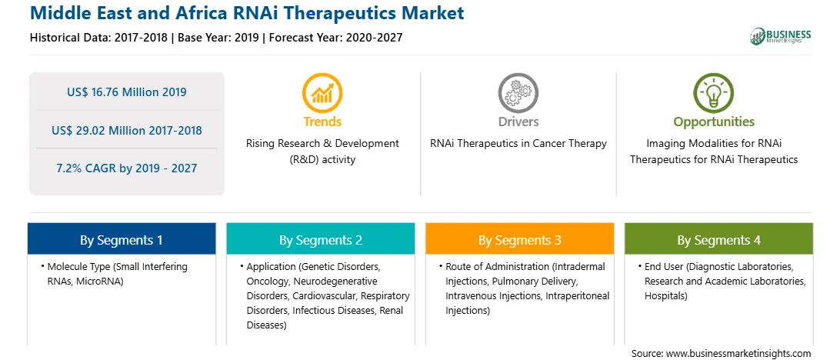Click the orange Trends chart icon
tap(322, 93)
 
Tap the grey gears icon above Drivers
tap(518, 93)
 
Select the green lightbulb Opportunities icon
tap(714, 93)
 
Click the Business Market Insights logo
tap(781, 36)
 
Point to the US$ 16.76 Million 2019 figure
tap(127, 92)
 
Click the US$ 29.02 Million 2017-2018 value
tap(127, 130)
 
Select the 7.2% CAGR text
tap(127, 168)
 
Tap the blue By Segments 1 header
tap(122, 239)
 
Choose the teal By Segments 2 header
tap(320, 239)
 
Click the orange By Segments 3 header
tap(520, 239)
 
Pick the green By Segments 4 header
tap(718, 239)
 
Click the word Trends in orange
tap(322, 122)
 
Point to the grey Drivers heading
tap(518, 122)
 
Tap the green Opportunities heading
tap(714, 122)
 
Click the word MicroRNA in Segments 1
tap(102, 281)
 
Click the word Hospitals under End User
tap(666, 295)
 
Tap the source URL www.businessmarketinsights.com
tap(739, 353)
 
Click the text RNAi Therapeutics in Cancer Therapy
tap(518, 144)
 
